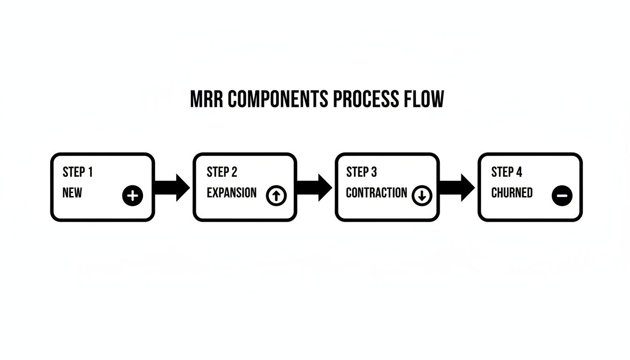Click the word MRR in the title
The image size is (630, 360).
207,100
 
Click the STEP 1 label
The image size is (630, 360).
78,172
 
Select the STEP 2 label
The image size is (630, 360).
222,172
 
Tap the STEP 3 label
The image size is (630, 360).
361,172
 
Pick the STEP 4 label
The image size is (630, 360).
506,172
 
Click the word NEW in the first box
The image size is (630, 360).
72,193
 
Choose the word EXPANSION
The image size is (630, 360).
232,193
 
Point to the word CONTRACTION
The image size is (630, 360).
376,193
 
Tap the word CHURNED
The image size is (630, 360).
512,193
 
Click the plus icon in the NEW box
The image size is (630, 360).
133,195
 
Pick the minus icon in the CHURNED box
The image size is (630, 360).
562,195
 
